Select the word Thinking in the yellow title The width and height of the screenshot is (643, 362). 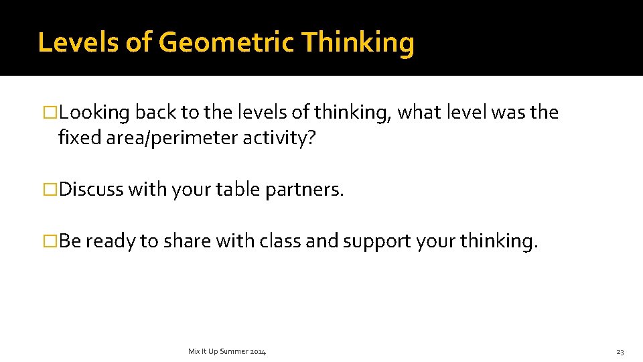coord(358,43)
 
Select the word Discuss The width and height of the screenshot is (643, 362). coord(91,190)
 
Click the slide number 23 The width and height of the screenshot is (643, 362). coord(620,351)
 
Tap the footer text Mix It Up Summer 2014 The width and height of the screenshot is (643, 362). coord(227,351)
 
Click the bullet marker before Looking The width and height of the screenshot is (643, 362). coord(52,113)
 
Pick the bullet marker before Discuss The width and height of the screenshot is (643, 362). coord(52,190)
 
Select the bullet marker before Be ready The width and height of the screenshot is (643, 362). coord(52,241)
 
